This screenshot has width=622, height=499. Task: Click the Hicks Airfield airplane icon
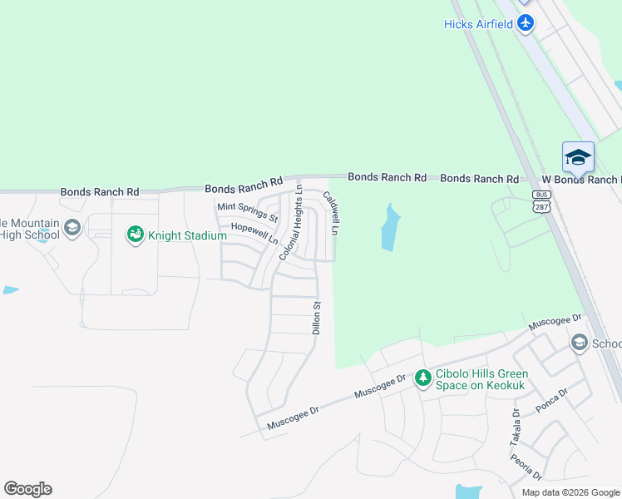coord(525,23)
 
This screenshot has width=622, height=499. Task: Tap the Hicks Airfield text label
coord(478,24)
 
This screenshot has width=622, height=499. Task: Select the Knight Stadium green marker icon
coord(135,235)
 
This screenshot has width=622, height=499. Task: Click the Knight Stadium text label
coord(188,236)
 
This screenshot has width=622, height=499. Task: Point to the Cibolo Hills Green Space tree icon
coord(422,378)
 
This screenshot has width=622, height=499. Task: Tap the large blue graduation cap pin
coord(578,156)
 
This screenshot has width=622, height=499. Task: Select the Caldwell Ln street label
coord(331,214)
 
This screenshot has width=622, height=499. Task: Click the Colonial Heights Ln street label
coord(289,224)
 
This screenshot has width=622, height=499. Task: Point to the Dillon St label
coord(317,319)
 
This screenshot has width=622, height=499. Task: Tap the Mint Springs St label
coord(247,212)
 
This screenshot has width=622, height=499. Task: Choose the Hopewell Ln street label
coord(254,233)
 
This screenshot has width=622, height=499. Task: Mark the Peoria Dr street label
coord(527,467)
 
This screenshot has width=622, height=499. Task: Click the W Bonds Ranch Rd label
coord(580,180)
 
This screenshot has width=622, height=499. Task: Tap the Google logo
coord(27,489)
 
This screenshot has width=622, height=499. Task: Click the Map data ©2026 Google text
coord(570,492)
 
